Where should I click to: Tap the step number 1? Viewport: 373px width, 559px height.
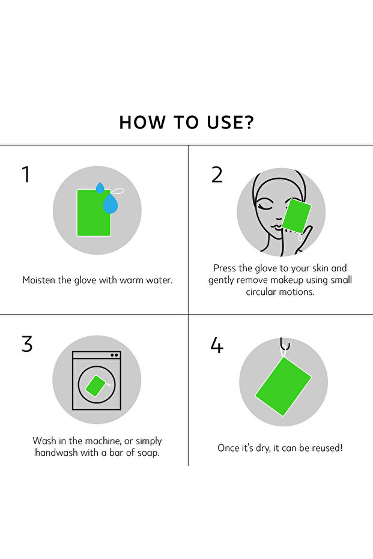[26, 174]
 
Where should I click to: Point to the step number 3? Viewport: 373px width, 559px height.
[27, 344]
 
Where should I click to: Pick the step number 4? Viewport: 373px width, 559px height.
[217, 345]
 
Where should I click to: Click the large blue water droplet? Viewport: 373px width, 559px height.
[110, 204]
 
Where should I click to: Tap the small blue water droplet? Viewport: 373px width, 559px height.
[100, 188]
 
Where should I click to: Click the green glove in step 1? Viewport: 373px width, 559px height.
[94, 213]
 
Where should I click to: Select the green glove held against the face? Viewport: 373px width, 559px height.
[296, 216]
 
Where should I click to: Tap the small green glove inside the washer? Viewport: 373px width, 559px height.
[96, 385]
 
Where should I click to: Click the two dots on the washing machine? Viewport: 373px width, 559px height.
[114, 355]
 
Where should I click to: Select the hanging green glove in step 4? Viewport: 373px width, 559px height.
[283, 386]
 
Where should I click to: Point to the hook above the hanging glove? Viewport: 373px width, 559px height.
[285, 345]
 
